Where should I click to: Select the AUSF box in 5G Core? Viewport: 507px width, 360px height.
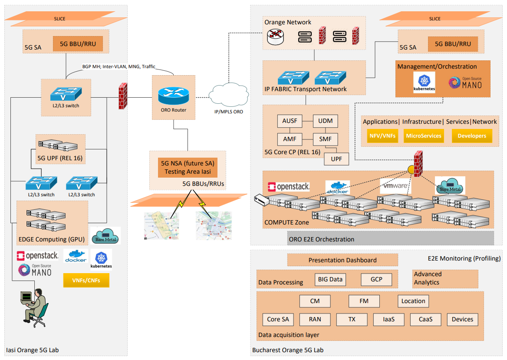(290, 121)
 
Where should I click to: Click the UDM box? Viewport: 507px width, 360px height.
(325, 121)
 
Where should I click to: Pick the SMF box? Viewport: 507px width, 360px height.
(325, 139)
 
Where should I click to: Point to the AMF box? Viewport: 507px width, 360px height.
(290, 139)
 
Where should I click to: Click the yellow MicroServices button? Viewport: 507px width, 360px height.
(424, 136)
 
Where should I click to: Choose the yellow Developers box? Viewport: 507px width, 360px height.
(472, 136)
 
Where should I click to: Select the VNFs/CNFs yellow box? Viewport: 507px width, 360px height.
(86, 281)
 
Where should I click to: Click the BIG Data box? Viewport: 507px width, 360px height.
(330, 280)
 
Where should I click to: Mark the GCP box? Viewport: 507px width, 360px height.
(376, 280)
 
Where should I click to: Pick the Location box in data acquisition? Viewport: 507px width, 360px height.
(413, 301)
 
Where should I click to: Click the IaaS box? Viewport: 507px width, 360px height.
(389, 320)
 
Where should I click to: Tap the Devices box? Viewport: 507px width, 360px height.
(462, 320)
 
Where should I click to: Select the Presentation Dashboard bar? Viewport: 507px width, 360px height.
(342, 260)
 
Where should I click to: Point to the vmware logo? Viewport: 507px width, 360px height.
(395, 186)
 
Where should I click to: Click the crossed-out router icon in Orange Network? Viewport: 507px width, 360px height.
(276, 37)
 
